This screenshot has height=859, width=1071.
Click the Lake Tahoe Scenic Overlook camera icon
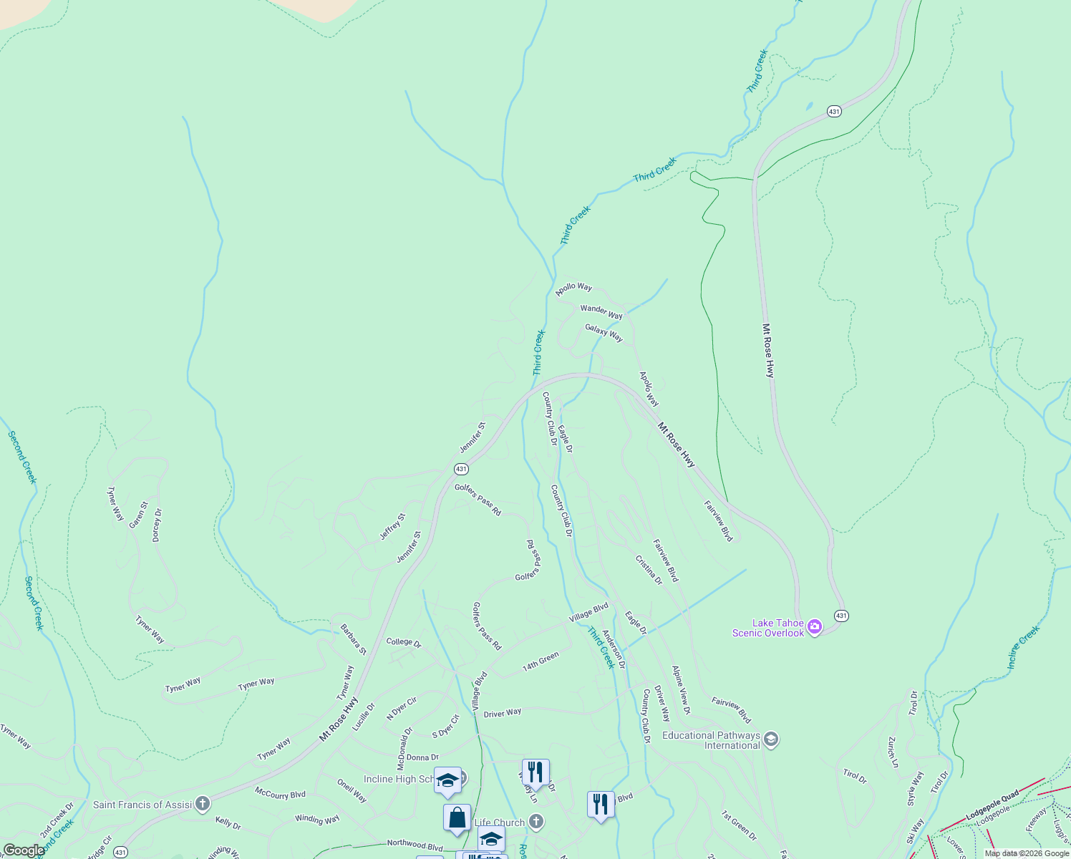coord(814,628)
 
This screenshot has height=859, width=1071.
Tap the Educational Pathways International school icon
coord(771,739)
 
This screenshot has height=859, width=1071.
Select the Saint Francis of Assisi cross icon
coord(203,804)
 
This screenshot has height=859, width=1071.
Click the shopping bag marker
coord(457,817)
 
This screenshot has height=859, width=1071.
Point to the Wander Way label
coord(601,311)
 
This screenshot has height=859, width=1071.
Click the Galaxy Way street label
coord(604,333)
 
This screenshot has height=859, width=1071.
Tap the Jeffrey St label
coord(392,527)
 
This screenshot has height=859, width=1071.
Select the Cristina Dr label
coord(649,570)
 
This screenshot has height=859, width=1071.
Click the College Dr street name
coord(404,642)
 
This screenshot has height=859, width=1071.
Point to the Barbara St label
coord(353,639)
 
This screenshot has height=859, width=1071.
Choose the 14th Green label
coord(541,661)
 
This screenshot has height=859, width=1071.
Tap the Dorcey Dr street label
coord(157,525)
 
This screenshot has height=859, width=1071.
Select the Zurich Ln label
coord(892,752)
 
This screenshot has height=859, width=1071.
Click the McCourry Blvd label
coord(280,794)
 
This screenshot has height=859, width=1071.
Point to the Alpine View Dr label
coord(680,689)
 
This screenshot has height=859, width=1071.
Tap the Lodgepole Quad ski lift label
coord(992,806)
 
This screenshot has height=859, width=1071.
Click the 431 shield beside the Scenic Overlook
coord(841,616)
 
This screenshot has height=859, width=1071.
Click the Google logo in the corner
coord(24,850)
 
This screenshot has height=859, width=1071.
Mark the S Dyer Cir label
coord(445,726)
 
